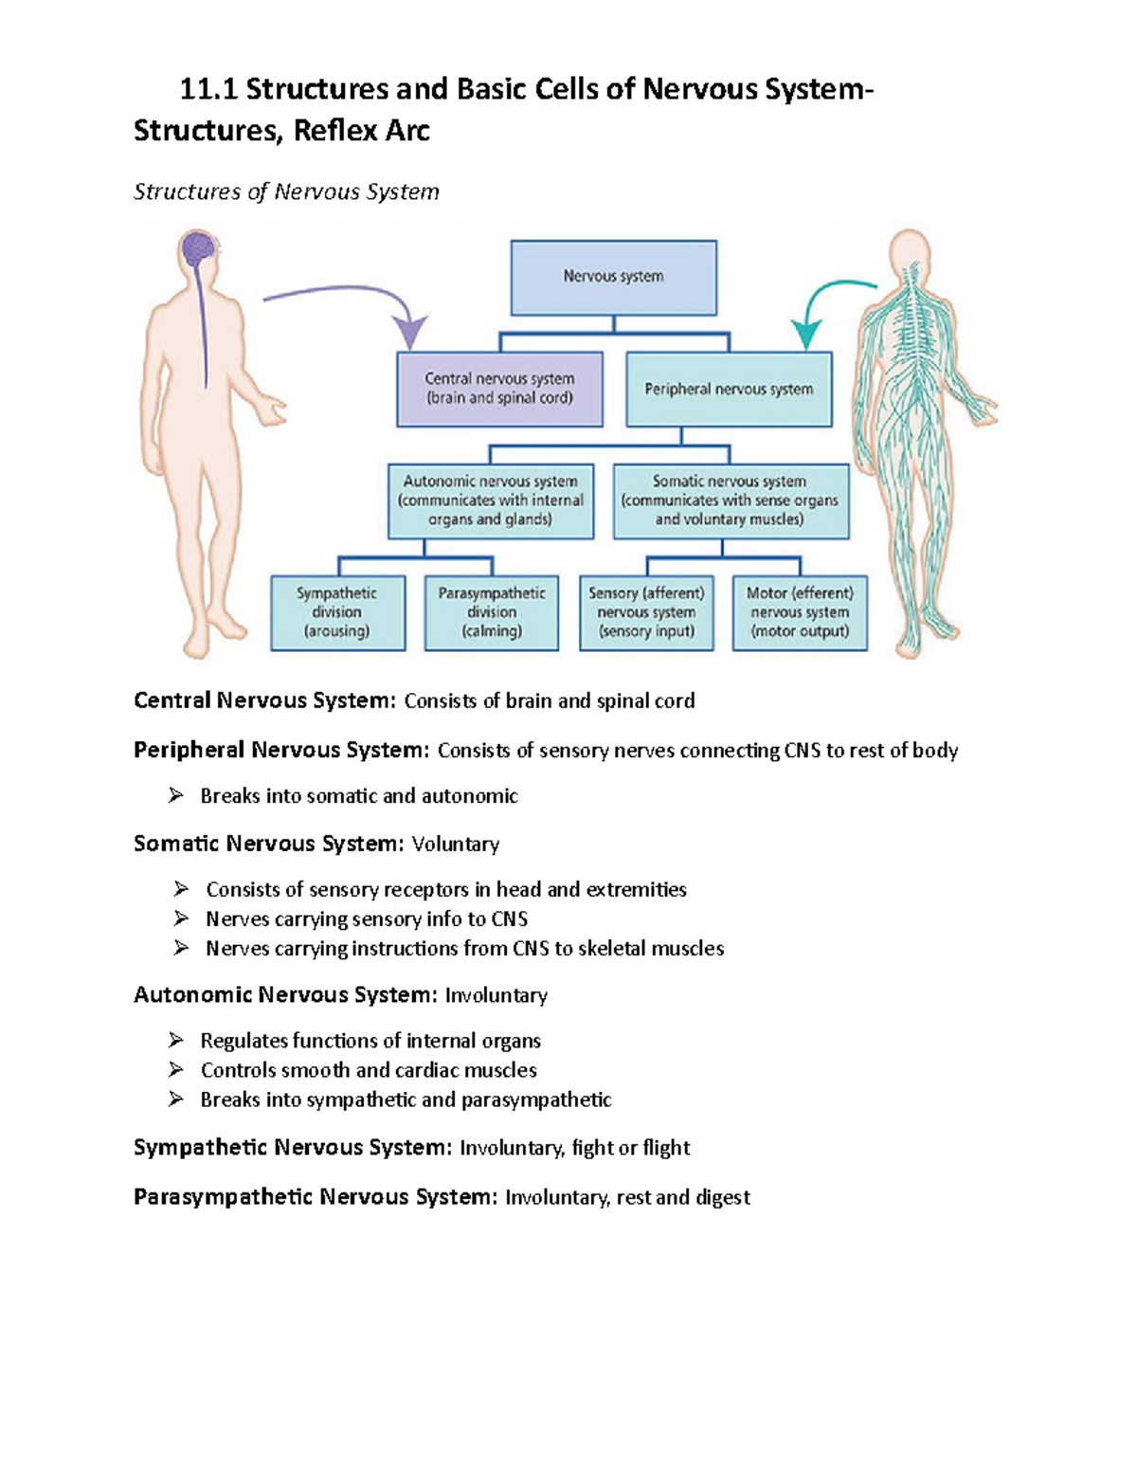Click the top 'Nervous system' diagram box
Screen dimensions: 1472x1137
(613, 277)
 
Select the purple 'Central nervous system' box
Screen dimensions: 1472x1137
(499, 389)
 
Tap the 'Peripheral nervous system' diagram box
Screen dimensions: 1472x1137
(729, 389)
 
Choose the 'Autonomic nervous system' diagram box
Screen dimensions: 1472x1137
(491, 500)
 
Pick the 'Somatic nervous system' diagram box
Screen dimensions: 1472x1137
(731, 500)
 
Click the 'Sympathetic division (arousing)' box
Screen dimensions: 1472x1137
(337, 612)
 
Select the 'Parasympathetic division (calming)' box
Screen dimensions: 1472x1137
(492, 612)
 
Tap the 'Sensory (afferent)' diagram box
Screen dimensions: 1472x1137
(646, 612)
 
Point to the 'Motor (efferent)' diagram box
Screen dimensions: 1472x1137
(800, 612)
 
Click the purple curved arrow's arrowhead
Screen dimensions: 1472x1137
(410, 334)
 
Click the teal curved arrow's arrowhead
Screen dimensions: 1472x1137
(806, 335)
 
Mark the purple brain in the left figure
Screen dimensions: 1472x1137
(199, 249)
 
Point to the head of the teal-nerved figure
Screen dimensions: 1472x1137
(911, 251)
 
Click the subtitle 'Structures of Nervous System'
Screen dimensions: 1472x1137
(286, 191)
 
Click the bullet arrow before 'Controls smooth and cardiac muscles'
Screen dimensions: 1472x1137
(176, 1069)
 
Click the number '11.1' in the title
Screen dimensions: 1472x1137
(208, 89)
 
